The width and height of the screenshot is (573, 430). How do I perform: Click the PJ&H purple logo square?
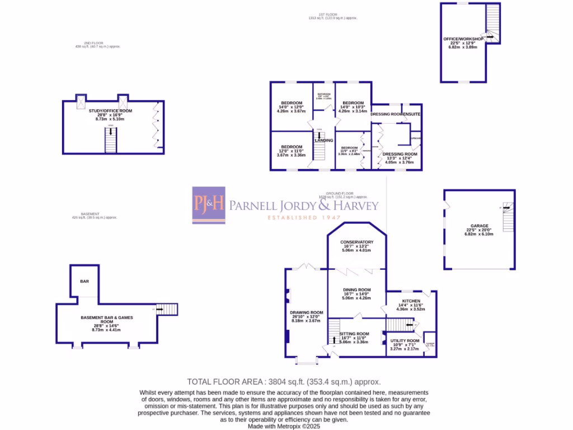tap(209, 205)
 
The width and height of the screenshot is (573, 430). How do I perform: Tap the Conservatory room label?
tap(357, 242)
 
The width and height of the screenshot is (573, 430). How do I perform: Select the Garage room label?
tap(479, 226)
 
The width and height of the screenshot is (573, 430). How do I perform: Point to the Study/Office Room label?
tap(110, 111)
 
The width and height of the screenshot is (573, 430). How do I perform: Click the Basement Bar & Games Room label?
tap(106, 320)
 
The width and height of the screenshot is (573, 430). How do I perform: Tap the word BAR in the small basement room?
tap(84, 281)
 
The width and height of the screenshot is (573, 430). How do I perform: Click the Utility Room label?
tap(405, 340)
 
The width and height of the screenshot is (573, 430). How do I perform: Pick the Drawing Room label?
tap(306, 312)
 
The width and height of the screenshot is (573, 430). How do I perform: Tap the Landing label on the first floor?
tap(323, 141)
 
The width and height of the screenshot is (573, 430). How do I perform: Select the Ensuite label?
tap(412, 114)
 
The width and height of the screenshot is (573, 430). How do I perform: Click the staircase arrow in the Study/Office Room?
tap(111, 132)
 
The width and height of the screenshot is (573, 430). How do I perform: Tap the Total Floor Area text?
tap(284, 381)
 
